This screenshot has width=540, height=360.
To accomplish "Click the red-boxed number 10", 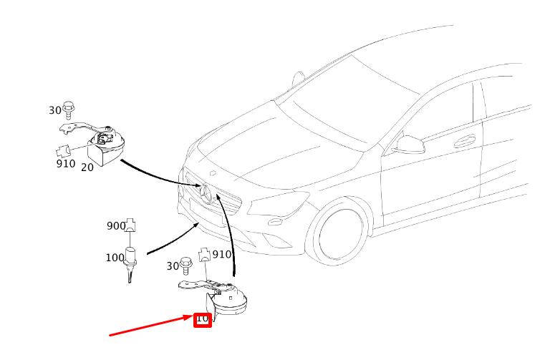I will coord(203,319).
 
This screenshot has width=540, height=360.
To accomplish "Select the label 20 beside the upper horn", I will coord(87,167).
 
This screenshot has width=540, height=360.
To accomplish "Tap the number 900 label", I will coord(116,226).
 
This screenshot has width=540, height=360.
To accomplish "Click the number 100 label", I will coord(115,258).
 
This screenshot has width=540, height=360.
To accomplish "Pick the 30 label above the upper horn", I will coord(55,110).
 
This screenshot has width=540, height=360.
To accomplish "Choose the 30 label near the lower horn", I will coord(173,266).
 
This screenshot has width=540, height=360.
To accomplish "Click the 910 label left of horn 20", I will coord(66,164).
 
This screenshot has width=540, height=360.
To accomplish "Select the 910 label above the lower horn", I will coord(222,254).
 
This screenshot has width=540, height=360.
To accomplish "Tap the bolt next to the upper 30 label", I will coord(69,110).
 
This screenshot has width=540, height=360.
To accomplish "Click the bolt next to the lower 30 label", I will coord(187,265).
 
